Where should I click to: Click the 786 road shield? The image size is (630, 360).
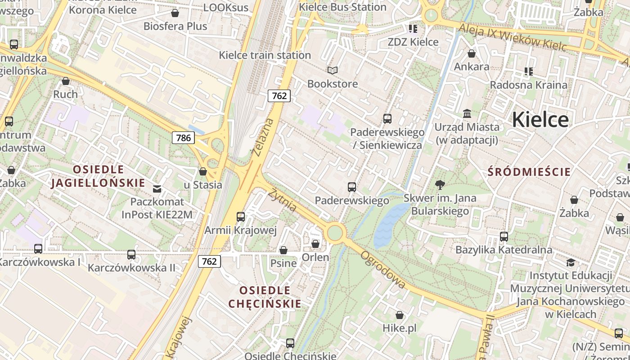coord(184,138)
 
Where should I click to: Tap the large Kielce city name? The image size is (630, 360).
coord(540,120)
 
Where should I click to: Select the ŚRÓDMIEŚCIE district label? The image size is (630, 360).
coord(529,172)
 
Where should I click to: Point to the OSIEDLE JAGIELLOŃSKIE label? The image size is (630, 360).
coord(98,176)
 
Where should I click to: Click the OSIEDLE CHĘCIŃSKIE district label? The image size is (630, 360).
coord(265,297)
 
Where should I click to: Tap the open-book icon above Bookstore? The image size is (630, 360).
coord(333,71)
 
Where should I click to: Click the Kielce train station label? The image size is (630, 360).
coord(265,55)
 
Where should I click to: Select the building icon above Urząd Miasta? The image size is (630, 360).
coord(467,114)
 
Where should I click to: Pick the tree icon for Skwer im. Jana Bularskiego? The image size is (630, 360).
coord(440,184)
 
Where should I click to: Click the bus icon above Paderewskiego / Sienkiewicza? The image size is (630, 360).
coord(387,119)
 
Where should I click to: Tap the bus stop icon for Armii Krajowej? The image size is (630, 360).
coord(241,217)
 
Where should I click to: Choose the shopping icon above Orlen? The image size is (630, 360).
coord(315,244)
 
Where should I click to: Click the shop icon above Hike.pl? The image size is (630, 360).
coord(400,315)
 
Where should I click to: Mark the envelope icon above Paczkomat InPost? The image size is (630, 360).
coord(157,189)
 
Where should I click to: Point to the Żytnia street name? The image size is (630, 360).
coord(283,200)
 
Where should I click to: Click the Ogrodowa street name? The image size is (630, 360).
coord(383,270)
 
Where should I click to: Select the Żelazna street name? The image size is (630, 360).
coord(263,137)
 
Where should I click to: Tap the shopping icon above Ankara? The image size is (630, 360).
coord(472,54)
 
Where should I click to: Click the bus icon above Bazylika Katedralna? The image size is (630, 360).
coord(504,236)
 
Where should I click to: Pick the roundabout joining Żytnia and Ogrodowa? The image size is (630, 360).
coord(335,233)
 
